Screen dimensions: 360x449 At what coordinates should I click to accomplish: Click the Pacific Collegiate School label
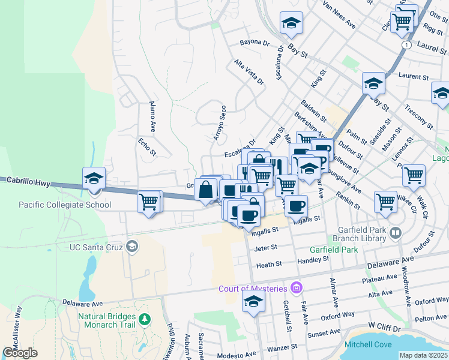point(65,205)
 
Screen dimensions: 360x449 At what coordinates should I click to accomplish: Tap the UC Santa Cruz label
point(96,247)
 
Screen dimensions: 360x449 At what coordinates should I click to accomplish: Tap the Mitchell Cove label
point(368,344)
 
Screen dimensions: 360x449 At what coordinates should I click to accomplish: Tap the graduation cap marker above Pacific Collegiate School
point(94,179)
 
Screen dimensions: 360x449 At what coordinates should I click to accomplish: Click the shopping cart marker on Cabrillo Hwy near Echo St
point(149,202)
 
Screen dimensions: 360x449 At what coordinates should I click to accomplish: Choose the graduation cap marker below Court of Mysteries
point(253,302)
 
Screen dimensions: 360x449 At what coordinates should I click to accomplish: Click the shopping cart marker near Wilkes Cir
point(385,202)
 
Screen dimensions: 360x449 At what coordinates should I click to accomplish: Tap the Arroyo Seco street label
point(220,124)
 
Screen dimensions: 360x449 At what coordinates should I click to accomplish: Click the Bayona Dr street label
point(255,43)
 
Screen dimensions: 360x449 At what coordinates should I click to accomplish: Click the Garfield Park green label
point(333,250)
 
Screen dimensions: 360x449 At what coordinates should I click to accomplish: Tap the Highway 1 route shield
point(408,46)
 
